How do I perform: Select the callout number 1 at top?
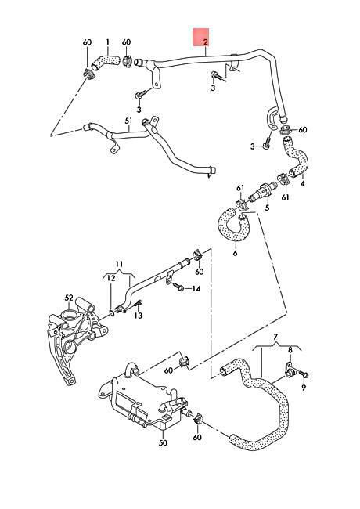click(108, 42)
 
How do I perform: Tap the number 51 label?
click(129, 121)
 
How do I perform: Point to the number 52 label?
click(69, 298)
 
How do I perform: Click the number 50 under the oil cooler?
click(163, 442)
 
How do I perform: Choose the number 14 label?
click(196, 289)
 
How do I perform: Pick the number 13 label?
click(139, 316)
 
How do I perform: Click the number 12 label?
click(111, 278)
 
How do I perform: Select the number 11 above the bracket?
click(119, 263)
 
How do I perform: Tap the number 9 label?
click(304, 387)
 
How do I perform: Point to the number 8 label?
click(290, 350)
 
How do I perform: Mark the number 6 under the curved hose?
click(235, 253)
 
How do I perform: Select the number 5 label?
click(267, 207)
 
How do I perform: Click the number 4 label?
click(303, 183)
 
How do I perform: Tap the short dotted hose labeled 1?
click(105, 61)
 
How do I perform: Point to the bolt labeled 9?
click(303, 374)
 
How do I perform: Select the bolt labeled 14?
click(178, 287)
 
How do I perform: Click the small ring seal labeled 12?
click(112, 313)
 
